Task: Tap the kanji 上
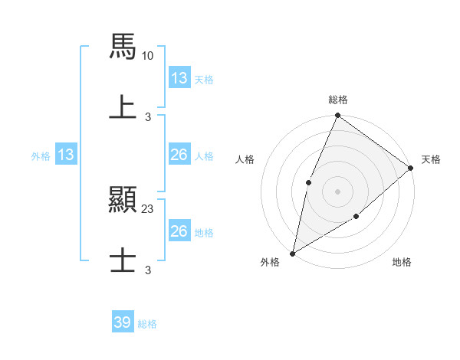click(123, 106)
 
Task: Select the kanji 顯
click(123, 200)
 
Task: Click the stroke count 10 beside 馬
click(149, 56)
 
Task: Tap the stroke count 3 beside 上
click(149, 116)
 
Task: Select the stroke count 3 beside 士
click(149, 270)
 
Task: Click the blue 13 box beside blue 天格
click(179, 78)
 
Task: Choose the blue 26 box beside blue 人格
click(179, 155)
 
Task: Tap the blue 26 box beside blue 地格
click(179, 231)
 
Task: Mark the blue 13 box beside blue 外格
click(66, 155)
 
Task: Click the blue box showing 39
click(123, 322)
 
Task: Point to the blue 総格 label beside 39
click(147, 324)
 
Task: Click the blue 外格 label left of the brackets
click(41, 155)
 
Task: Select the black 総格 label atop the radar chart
click(337, 100)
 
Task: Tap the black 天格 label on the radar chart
click(431, 159)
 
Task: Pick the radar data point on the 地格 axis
click(356, 217)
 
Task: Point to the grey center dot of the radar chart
click(337, 191)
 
